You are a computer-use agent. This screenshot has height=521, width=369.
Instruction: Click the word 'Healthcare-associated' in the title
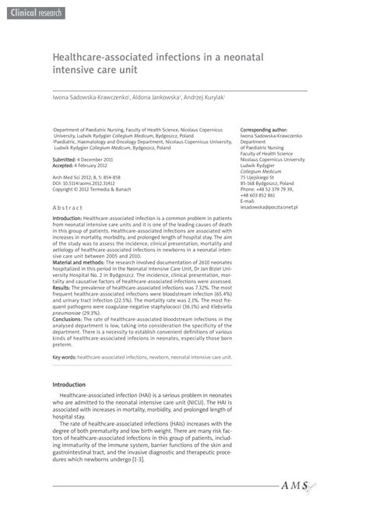pyautogui.click(x=104, y=58)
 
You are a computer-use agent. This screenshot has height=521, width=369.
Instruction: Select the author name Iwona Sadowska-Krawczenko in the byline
pyautogui.click(x=87, y=97)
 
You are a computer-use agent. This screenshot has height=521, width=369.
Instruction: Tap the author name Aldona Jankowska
pyautogui.click(x=155, y=97)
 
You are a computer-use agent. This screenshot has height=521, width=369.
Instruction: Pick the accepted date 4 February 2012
pyautogui.click(x=98, y=166)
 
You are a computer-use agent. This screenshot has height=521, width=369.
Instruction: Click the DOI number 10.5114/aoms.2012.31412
pyautogui.click(x=101, y=183)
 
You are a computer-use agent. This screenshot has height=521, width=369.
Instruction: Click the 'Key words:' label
pyautogui.click(x=64, y=357)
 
